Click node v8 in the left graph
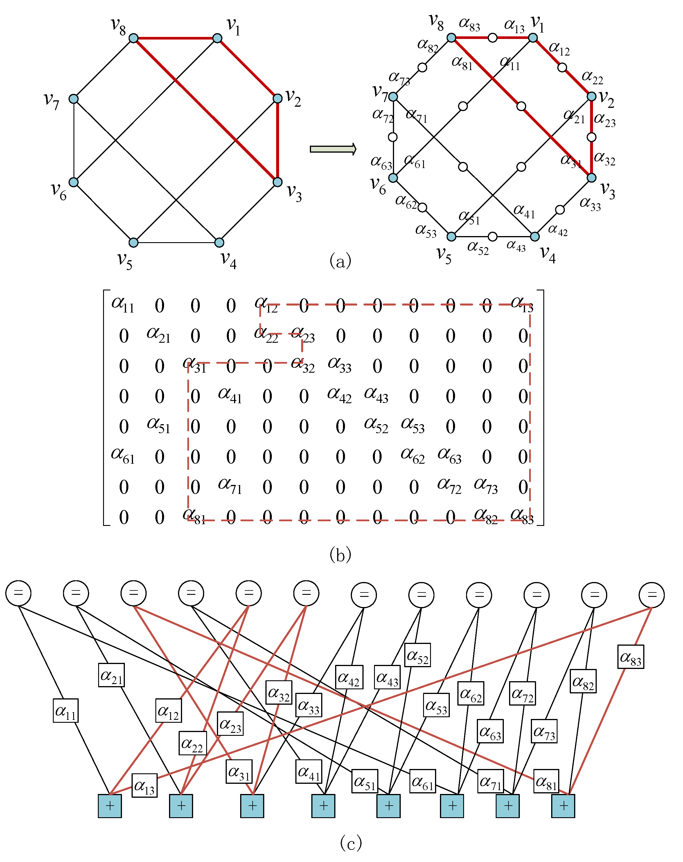[133, 38]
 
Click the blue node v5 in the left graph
[133, 242]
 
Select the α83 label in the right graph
[469, 24]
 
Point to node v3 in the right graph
[591, 178]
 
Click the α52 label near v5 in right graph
[478, 247]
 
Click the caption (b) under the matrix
[340, 554]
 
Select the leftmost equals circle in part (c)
[18, 593]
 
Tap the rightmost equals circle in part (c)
[651, 595]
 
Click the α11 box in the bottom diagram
[66, 711]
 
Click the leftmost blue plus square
[110, 806]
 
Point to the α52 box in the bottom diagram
[417, 655]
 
